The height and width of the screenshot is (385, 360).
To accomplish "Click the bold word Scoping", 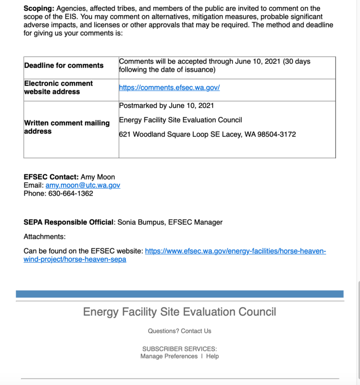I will pyautogui.click(x=39, y=8).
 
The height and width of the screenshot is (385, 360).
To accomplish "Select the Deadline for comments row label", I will pyautogui.click(x=64, y=66).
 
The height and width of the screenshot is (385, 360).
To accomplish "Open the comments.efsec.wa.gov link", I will pyautogui.click(x=169, y=88).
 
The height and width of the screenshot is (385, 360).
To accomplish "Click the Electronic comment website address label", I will pyautogui.click(x=58, y=87).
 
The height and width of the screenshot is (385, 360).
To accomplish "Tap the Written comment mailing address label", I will pyautogui.click(x=67, y=127).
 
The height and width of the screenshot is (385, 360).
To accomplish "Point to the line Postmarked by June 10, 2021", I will pyautogui.click(x=166, y=106).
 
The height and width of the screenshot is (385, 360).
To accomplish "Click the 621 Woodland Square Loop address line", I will pyautogui.click(x=207, y=135).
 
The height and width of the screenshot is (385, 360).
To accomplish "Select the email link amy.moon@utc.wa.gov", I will pyautogui.click(x=82, y=185).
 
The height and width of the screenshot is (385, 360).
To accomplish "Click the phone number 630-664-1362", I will pyautogui.click(x=70, y=193).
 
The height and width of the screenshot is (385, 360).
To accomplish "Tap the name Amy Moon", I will pyautogui.click(x=97, y=177).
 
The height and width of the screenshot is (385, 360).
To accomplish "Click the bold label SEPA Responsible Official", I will pyautogui.click(x=68, y=222).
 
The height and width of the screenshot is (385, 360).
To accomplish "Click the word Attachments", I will pyautogui.click(x=45, y=237).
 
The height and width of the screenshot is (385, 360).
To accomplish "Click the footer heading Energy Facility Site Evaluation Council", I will pyautogui.click(x=180, y=312).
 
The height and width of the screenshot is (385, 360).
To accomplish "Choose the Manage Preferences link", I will pyautogui.click(x=169, y=356).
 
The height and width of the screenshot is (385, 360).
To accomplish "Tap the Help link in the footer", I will pyautogui.click(x=212, y=356).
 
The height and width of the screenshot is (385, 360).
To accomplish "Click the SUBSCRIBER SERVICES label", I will pyautogui.click(x=180, y=349).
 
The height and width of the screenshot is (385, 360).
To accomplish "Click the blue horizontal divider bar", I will pyautogui.click(x=180, y=294).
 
